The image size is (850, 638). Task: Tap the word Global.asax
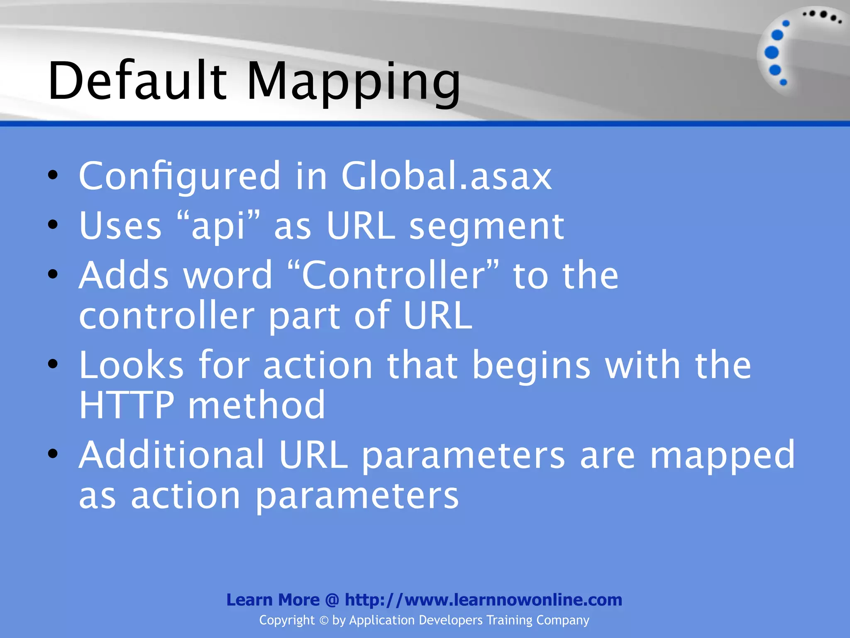[446, 176]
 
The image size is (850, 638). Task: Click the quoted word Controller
[393, 275]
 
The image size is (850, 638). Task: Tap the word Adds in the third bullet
[124, 275]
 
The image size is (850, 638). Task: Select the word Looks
[131, 365]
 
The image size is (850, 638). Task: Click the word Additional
[171, 455]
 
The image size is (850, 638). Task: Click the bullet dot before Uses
[53, 225]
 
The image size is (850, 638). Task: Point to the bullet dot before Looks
[53, 364]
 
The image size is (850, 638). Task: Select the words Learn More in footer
[273, 600]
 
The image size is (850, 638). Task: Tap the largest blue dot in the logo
[772, 52]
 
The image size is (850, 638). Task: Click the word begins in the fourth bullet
[531, 366]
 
